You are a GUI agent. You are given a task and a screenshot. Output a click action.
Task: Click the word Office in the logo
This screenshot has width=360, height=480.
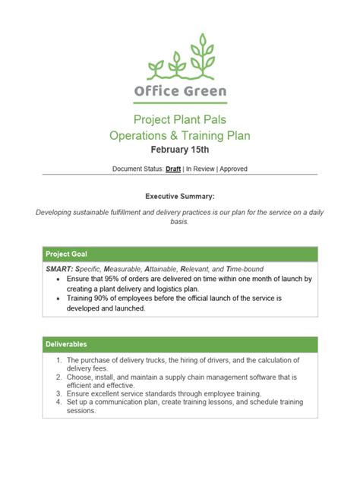tap(157, 92)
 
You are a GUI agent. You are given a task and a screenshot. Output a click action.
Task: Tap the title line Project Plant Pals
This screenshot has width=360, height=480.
tap(180, 119)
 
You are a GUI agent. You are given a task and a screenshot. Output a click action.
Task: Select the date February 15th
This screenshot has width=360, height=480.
tap(180, 150)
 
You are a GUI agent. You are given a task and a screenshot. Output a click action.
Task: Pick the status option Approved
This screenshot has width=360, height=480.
tap(233, 169)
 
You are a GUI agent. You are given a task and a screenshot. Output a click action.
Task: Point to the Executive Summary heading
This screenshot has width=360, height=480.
tap(180, 196)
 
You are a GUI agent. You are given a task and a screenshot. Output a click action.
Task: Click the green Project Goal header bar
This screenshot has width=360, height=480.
tap(180, 254)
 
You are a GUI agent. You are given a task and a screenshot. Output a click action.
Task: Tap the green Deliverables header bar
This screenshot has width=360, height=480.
tap(180, 345)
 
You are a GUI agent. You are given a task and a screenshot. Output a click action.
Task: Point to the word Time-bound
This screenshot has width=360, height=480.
tap(240, 269)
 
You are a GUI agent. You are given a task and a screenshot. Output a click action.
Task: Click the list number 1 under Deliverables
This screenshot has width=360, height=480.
tap(59, 360)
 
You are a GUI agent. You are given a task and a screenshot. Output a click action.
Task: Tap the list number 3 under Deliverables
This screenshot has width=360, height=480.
tap(59, 393)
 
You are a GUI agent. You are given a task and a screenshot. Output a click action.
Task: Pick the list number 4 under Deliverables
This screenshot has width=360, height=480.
tap(59, 403)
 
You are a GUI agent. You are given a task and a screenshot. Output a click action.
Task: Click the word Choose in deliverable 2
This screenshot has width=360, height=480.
tap(80, 377)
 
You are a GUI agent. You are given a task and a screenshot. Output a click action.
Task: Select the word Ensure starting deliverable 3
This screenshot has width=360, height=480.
tap(79, 393)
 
